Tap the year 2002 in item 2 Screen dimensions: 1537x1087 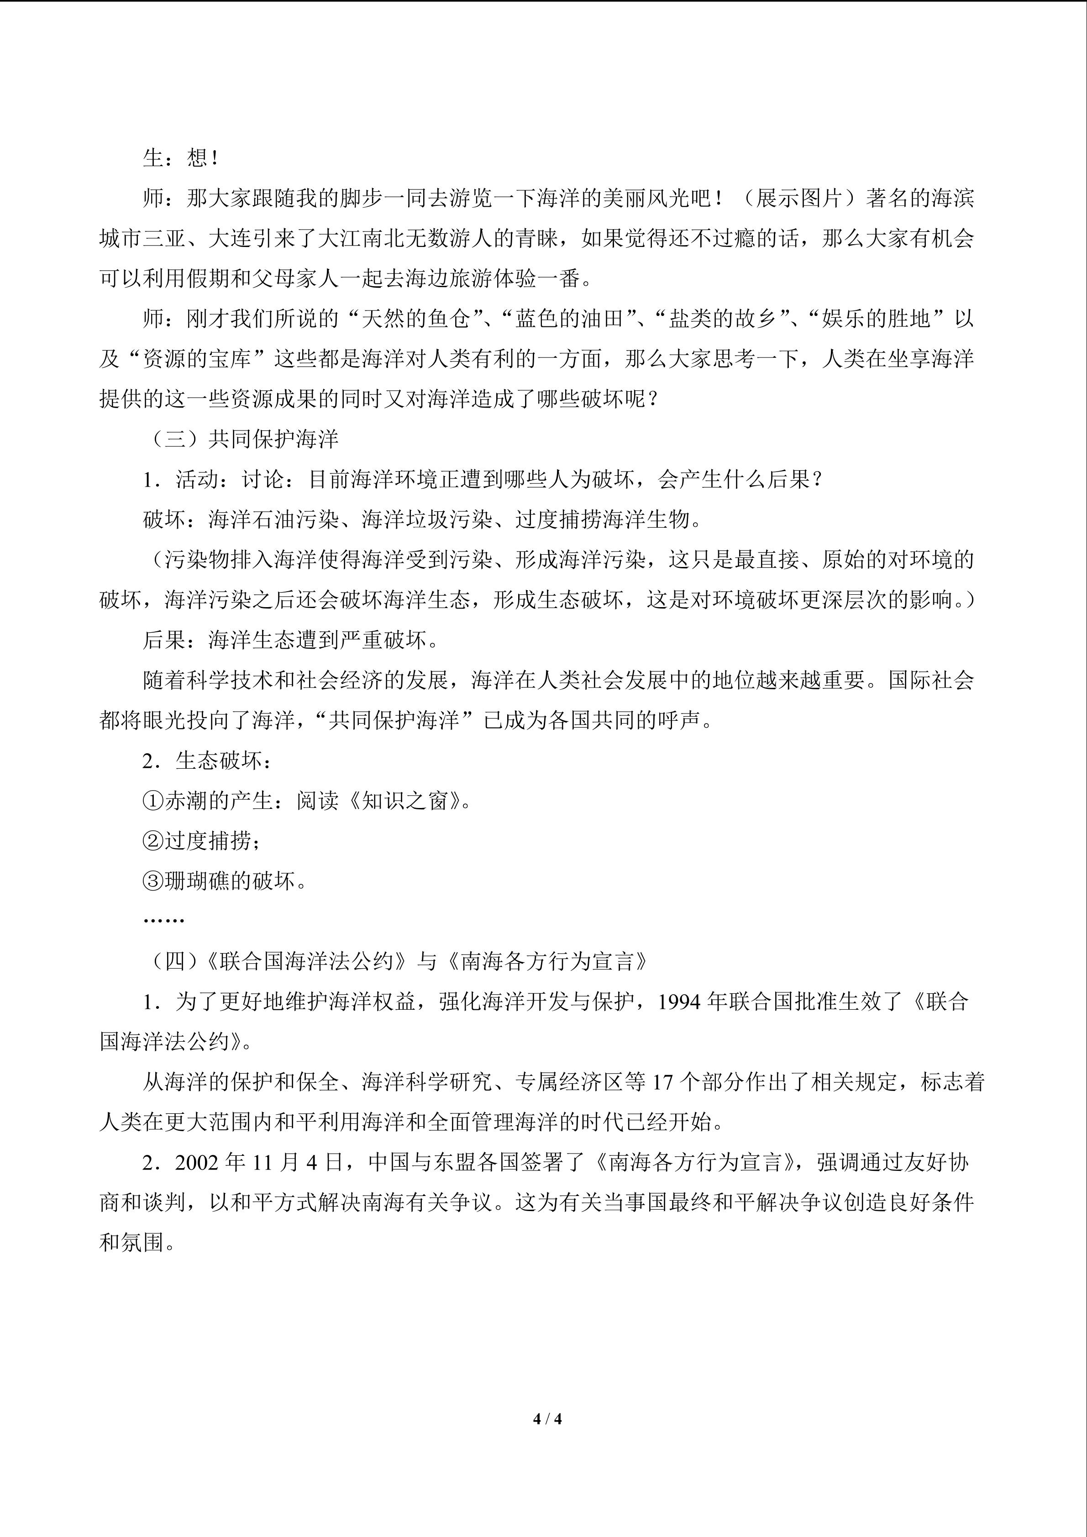click(198, 1162)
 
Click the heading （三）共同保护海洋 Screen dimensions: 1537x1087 click(242, 439)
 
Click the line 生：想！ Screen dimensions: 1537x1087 click(181, 158)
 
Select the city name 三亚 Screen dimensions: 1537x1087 click(164, 238)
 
